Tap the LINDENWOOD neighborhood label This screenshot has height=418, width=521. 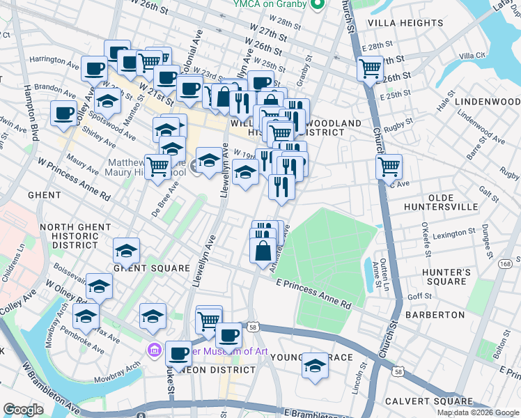click(488, 102)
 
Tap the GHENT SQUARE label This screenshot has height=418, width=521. click(152, 268)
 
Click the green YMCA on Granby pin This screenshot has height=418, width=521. click(318, 6)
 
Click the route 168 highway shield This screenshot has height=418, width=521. click(506, 263)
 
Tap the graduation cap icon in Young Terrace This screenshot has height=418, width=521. click(315, 365)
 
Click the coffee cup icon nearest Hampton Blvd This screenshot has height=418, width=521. click(63, 113)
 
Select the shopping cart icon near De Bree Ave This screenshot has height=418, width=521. click(158, 167)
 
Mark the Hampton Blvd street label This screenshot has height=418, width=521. click(33, 111)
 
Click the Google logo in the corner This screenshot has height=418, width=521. click(22, 410)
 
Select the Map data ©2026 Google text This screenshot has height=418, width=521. click(477, 412)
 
